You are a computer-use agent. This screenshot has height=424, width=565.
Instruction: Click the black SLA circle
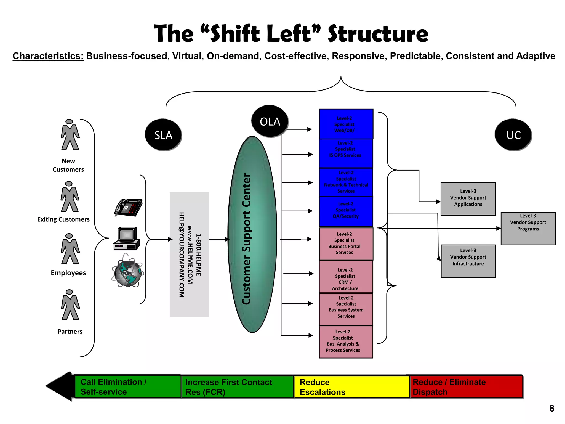pos(163,135)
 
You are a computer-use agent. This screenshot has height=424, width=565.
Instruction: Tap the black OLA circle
pos(270,121)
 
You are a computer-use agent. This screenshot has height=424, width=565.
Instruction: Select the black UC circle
pos(513,135)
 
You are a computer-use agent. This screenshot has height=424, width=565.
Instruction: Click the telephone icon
pos(128,208)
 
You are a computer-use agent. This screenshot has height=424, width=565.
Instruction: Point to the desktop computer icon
pos(127,239)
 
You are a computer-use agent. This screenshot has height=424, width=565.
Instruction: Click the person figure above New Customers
pos(70,135)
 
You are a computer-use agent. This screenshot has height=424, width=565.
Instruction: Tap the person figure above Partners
pos(70,305)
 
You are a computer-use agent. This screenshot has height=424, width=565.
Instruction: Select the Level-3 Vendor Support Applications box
pos(468,199)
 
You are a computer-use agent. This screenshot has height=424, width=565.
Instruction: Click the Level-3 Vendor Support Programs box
pos(528,228)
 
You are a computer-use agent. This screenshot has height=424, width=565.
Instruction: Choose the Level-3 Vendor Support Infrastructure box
pos(468,261)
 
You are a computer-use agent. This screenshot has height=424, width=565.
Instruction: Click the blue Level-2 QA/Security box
pos(346,211)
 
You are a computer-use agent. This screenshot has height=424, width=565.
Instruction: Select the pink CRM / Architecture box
pos(346,277)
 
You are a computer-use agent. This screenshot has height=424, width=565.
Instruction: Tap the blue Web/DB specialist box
pos(346,124)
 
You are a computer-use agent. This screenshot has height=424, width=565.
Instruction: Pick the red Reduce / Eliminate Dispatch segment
pos(466,387)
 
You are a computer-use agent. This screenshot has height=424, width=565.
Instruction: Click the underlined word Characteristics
pos(48,56)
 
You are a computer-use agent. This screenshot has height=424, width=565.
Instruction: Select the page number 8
pos(552,408)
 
